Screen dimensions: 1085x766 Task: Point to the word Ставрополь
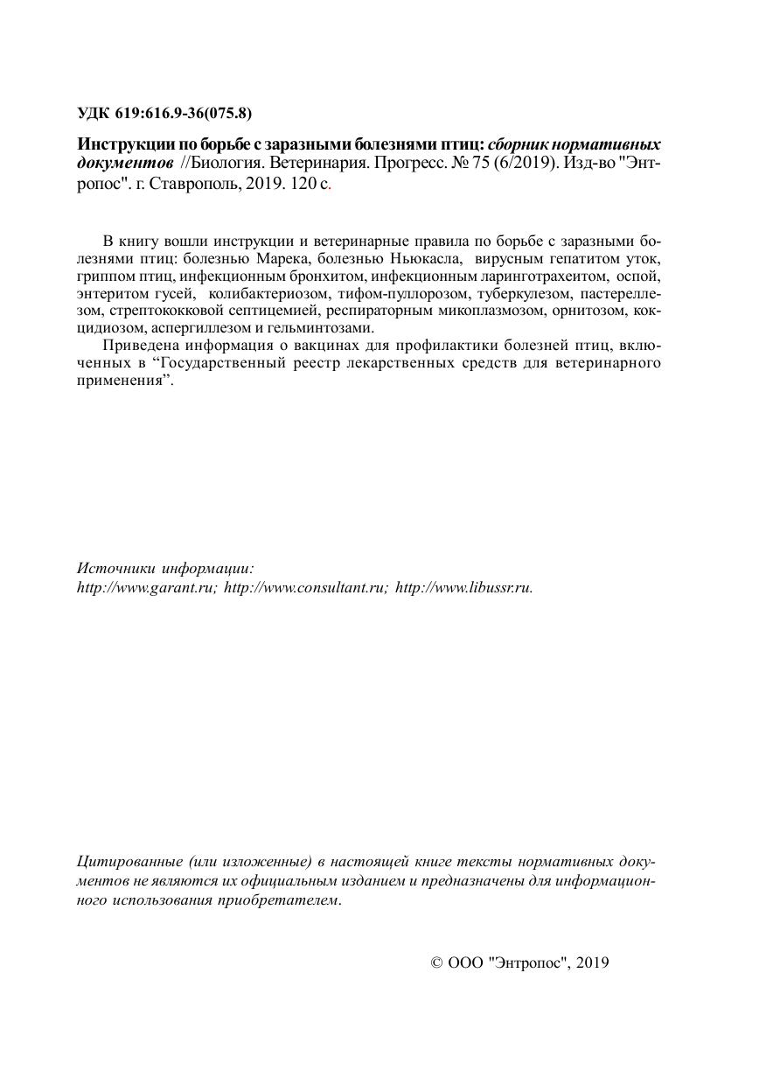(183, 184)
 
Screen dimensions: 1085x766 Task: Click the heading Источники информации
(165, 568)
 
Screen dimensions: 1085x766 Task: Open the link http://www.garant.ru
(146, 588)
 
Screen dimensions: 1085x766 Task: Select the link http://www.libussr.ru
(463, 588)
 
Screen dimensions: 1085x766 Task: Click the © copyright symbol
(437, 963)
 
